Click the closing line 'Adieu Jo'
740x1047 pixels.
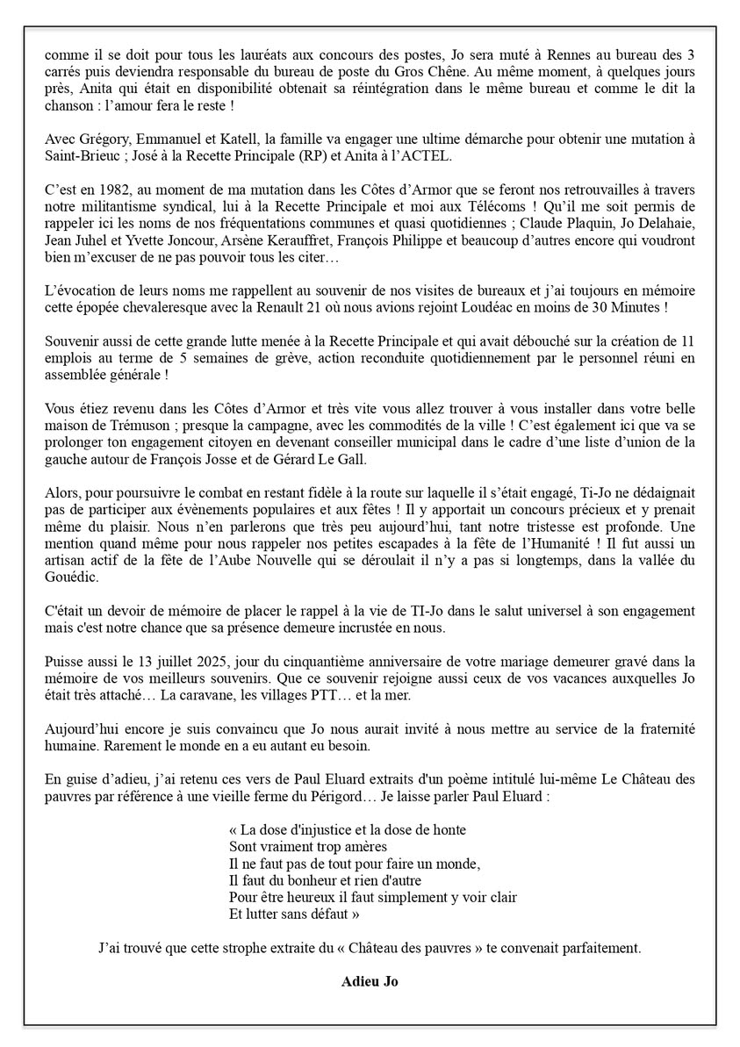pos(369,981)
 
